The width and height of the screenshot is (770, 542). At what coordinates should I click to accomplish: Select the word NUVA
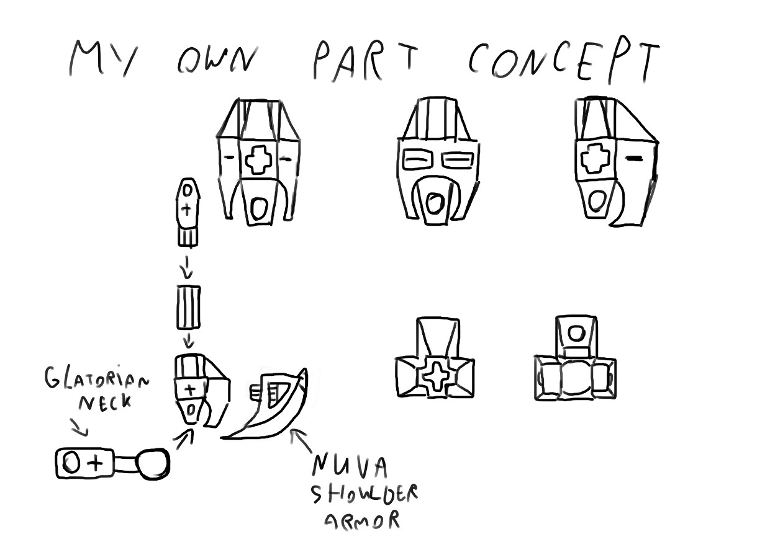point(350,466)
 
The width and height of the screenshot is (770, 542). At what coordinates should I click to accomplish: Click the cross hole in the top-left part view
point(258,160)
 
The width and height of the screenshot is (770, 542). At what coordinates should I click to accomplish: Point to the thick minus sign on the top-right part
point(634,159)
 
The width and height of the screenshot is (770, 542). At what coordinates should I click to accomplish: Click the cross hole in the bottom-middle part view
point(434,376)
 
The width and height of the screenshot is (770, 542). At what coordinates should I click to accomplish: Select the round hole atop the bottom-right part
point(576,333)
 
